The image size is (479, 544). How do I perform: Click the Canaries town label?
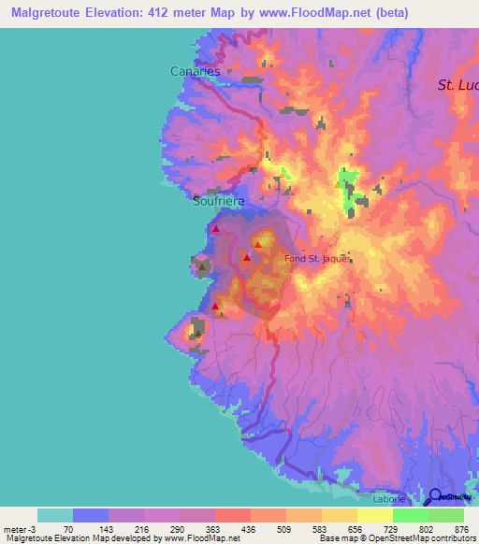[x=195, y=71]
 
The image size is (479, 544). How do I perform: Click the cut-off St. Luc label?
[x=457, y=85]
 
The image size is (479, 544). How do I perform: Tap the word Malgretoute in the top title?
[x=58, y=13]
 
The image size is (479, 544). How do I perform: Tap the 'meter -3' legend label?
[x=20, y=529]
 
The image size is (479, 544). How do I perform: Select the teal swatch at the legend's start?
[x=54, y=515]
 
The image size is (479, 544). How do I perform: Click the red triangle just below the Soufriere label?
[x=216, y=228]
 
